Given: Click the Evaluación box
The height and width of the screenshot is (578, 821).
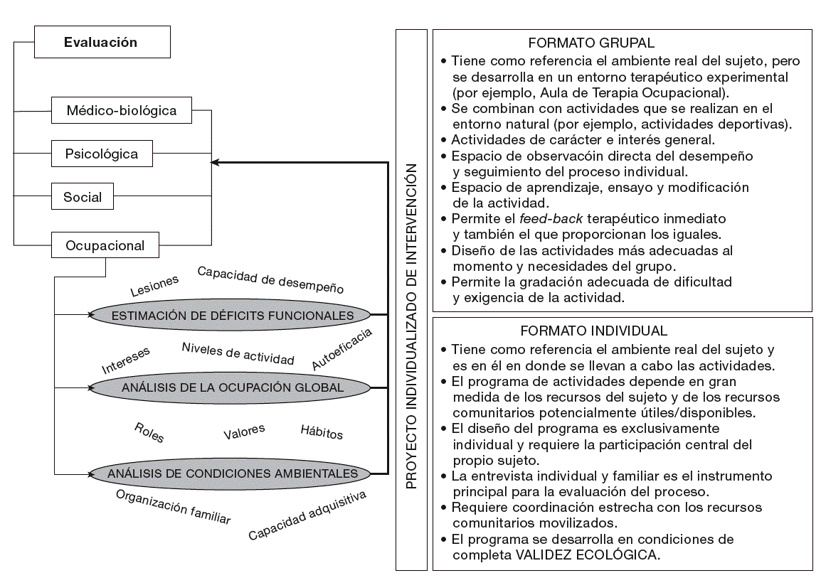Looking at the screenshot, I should [101, 43].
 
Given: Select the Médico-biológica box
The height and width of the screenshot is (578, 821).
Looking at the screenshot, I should [122, 110].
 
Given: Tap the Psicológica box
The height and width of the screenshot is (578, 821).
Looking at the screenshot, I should [102, 153].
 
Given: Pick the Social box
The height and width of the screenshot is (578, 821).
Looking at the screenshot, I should [83, 197].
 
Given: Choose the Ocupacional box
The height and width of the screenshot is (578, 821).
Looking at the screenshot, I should [105, 246].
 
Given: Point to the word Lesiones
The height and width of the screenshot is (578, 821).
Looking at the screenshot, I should [154, 286].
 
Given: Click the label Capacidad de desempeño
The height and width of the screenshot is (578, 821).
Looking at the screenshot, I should [270, 280].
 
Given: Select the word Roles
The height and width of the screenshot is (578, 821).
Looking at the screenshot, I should [149, 432].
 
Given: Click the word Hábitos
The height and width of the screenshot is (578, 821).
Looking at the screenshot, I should [322, 433].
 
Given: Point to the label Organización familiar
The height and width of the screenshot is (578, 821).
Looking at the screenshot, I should [173, 506].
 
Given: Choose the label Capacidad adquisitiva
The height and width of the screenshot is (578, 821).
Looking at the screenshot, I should [307, 515].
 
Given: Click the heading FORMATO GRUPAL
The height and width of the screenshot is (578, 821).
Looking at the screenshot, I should [592, 43].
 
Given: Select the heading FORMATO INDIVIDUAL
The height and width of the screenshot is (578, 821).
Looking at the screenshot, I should [593, 331].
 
